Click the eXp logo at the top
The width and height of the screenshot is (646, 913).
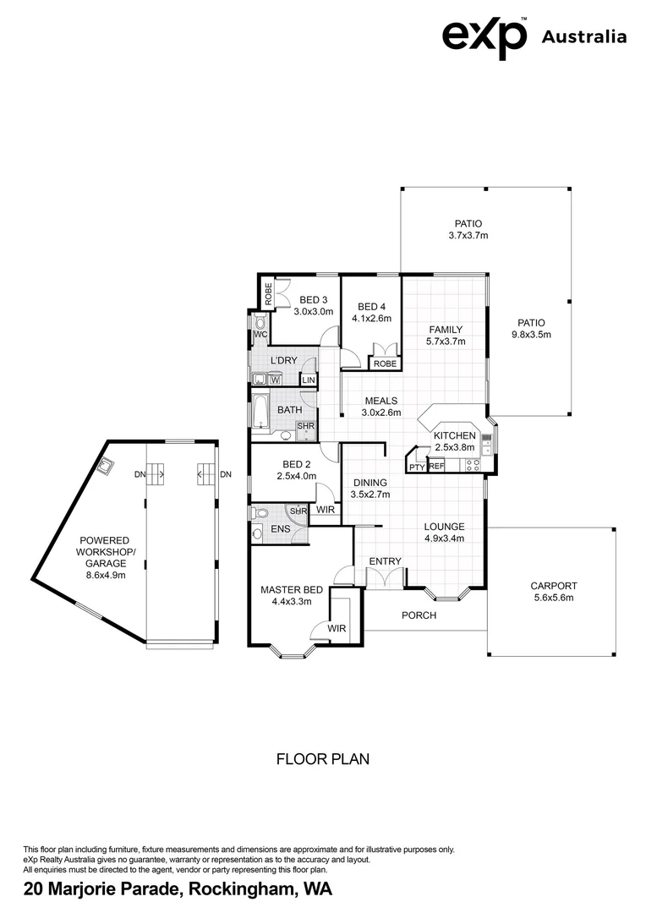click(x=484, y=37)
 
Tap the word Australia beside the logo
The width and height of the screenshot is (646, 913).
click(x=583, y=36)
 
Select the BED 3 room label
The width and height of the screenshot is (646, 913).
click(x=313, y=299)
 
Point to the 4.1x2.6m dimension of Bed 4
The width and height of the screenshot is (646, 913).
click(x=371, y=319)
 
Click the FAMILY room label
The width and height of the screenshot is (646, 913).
click(x=445, y=330)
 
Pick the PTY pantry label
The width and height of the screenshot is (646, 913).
click(x=416, y=467)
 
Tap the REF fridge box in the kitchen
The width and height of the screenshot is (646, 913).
click(x=436, y=466)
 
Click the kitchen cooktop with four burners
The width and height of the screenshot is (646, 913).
click(x=472, y=463)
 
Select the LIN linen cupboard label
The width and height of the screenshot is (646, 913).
click(x=308, y=380)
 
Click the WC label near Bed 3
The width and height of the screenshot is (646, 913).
click(x=260, y=335)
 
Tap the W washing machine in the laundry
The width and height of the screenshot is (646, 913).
click(x=275, y=380)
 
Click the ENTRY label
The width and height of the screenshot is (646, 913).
click(x=385, y=561)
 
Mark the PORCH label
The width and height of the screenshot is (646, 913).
click(x=419, y=615)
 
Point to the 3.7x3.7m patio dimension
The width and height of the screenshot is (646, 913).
click(x=468, y=236)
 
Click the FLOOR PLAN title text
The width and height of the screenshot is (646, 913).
click(x=323, y=759)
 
